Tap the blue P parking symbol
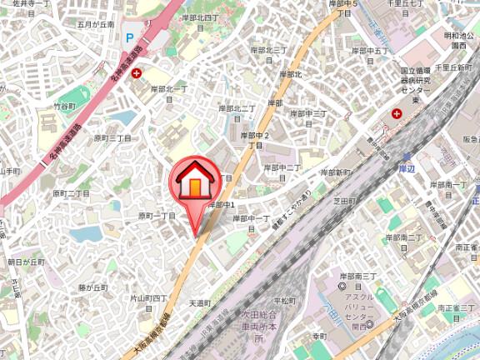click(x=129, y=37)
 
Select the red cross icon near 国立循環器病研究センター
click(x=397, y=113)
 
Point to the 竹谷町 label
click(x=64, y=107)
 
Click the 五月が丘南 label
click(x=95, y=25)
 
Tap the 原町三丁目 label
click(x=112, y=138)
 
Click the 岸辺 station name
click(x=407, y=168)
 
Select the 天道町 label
click(x=201, y=303)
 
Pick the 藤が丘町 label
click(x=94, y=287)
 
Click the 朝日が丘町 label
click(x=26, y=262)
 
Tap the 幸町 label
click(x=319, y=336)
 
